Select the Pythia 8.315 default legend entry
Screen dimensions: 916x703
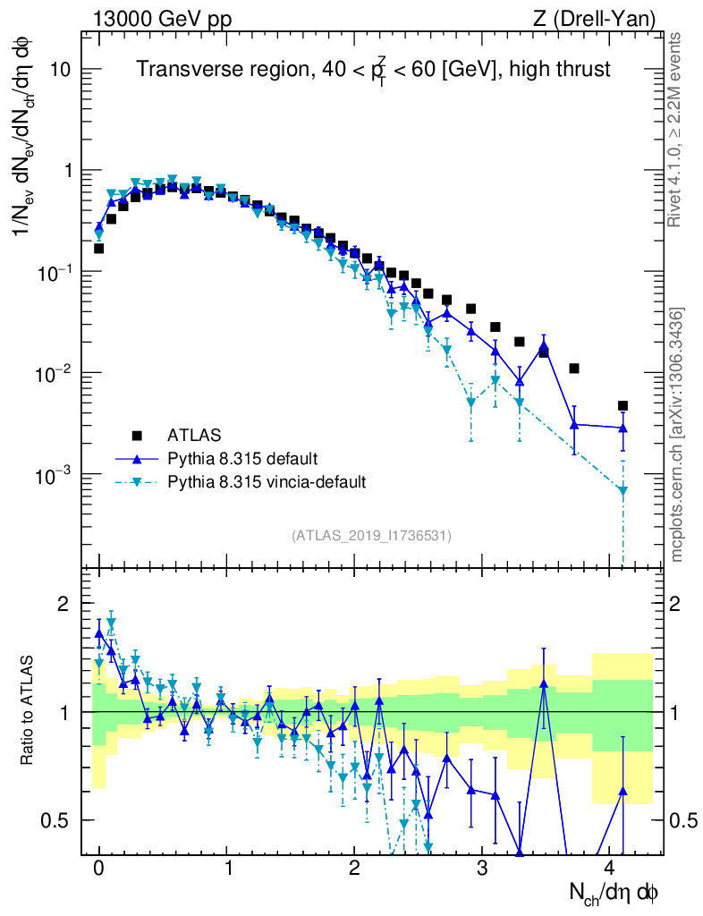point(242,459)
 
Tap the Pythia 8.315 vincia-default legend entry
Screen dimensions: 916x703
point(267,482)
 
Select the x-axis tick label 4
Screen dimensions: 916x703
point(609,868)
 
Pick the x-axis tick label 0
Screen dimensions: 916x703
point(98,868)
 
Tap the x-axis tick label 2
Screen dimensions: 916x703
point(354,868)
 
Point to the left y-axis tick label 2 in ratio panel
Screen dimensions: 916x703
point(63,604)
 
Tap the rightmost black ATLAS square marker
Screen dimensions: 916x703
point(623,405)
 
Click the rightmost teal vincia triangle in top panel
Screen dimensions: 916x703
point(623,490)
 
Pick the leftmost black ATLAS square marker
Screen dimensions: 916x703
point(98,248)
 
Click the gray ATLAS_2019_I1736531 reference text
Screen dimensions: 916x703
point(371,536)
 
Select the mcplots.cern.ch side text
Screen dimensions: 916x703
point(676,434)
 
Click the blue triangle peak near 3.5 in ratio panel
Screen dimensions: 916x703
point(544,684)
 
